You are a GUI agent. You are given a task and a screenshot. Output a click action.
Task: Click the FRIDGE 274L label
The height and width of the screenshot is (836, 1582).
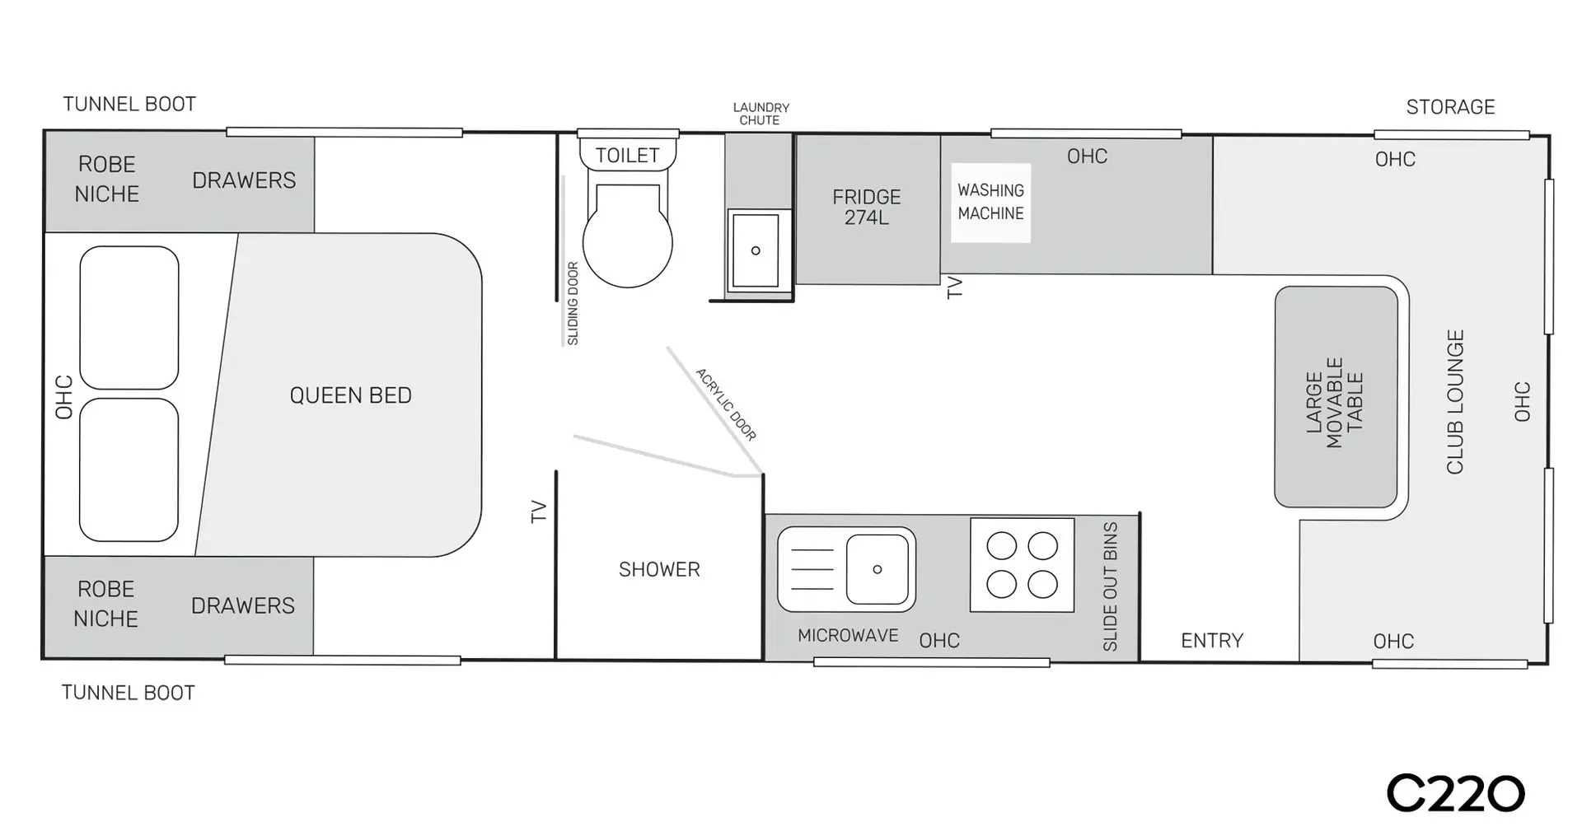866,207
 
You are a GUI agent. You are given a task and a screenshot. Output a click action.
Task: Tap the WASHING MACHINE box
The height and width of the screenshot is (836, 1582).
990,203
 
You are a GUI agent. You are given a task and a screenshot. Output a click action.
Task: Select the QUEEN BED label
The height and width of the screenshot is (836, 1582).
350,395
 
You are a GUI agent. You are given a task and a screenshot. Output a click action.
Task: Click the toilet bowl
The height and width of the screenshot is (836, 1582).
628,235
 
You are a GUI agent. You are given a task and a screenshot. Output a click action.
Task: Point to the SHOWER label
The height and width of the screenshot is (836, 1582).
659,569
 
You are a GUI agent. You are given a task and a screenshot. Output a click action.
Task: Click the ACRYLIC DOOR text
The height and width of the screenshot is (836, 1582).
726,404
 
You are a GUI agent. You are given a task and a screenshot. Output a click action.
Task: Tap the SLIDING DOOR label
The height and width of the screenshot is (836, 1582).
573,303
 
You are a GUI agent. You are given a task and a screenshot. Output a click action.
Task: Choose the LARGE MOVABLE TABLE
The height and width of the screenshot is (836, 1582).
1336,397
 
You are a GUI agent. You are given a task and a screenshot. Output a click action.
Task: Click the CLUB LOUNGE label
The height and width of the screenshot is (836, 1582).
1455,402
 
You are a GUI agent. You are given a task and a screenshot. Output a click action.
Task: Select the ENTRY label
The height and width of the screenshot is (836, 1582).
1212,641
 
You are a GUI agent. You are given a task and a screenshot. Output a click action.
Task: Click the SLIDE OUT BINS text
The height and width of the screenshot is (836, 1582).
1110,586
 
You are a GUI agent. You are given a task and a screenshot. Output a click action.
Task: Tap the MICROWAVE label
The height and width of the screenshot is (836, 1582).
848,636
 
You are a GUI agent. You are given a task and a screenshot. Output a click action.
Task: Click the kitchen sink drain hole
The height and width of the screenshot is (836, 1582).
878,569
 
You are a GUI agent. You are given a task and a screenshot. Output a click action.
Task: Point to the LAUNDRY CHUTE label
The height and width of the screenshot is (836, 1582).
761,114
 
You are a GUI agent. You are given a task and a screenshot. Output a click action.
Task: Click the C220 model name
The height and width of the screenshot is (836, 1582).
1455,794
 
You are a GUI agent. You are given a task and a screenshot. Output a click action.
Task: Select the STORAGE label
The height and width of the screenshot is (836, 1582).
1450,107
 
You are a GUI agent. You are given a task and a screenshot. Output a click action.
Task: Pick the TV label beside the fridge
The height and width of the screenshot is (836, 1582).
955,287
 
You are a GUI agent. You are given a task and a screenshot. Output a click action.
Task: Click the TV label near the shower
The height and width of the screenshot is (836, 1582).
539,511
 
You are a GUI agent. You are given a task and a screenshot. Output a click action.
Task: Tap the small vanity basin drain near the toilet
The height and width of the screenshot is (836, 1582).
756,250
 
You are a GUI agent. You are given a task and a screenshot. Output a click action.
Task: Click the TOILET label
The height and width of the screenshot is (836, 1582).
628,155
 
